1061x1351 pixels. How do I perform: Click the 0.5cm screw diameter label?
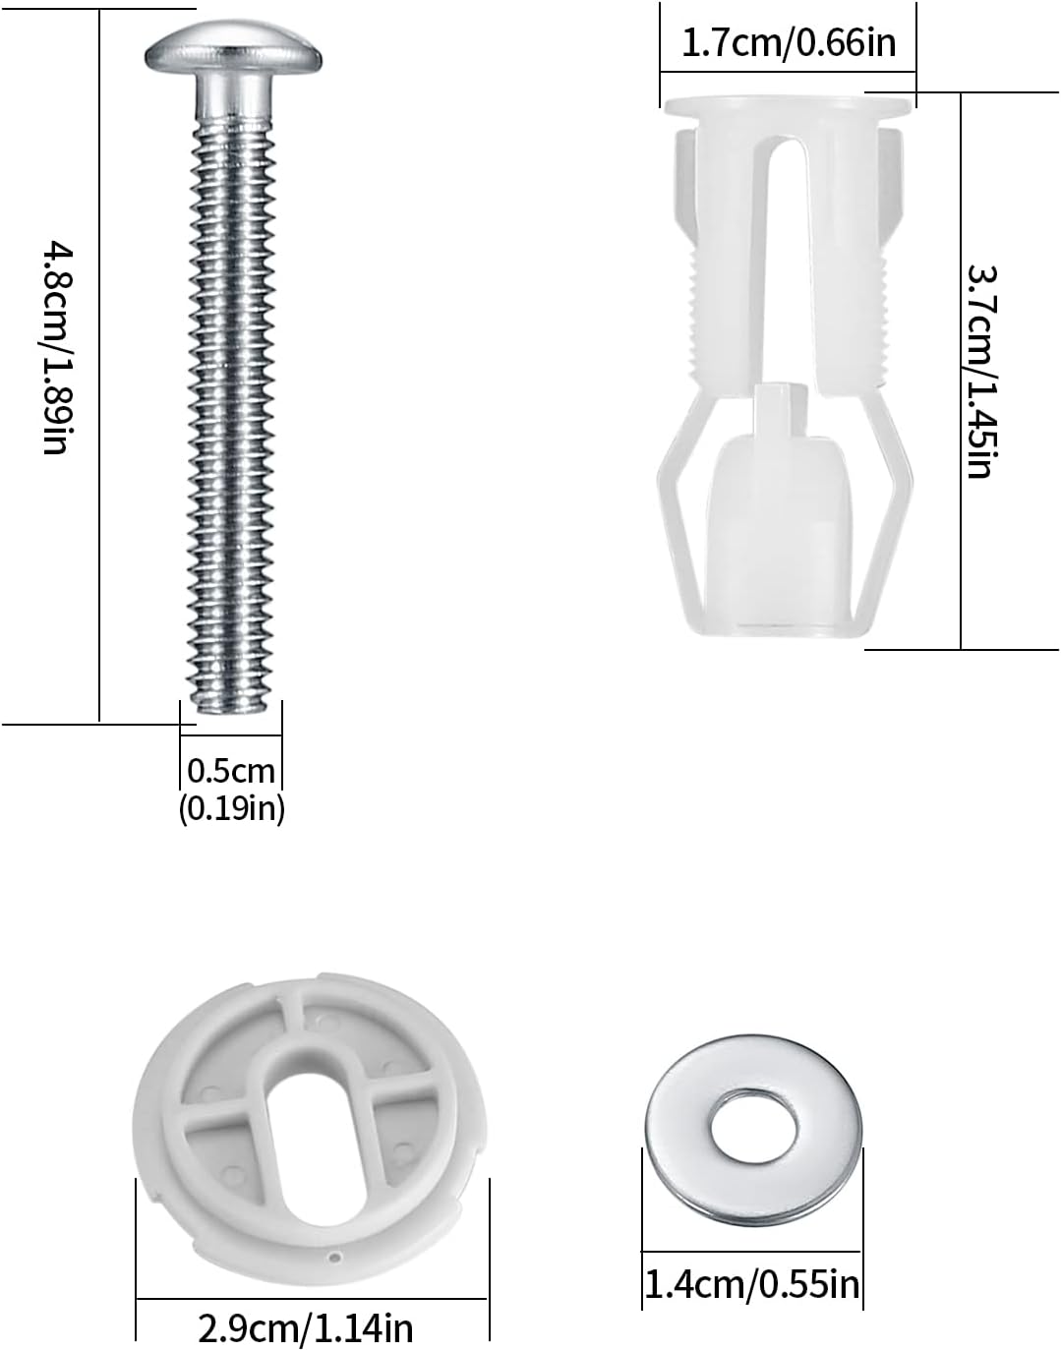[x=231, y=769]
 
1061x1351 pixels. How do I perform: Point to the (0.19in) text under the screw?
[x=231, y=809]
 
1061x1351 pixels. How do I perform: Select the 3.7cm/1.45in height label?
[x=982, y=371]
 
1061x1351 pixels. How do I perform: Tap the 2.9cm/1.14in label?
[x=306, y=1328]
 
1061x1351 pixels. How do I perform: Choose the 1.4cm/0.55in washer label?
[x=751, y=1283]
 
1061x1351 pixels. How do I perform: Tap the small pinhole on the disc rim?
[x=335, y=1256]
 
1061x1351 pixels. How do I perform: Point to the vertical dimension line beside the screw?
[x=100, y=363]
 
